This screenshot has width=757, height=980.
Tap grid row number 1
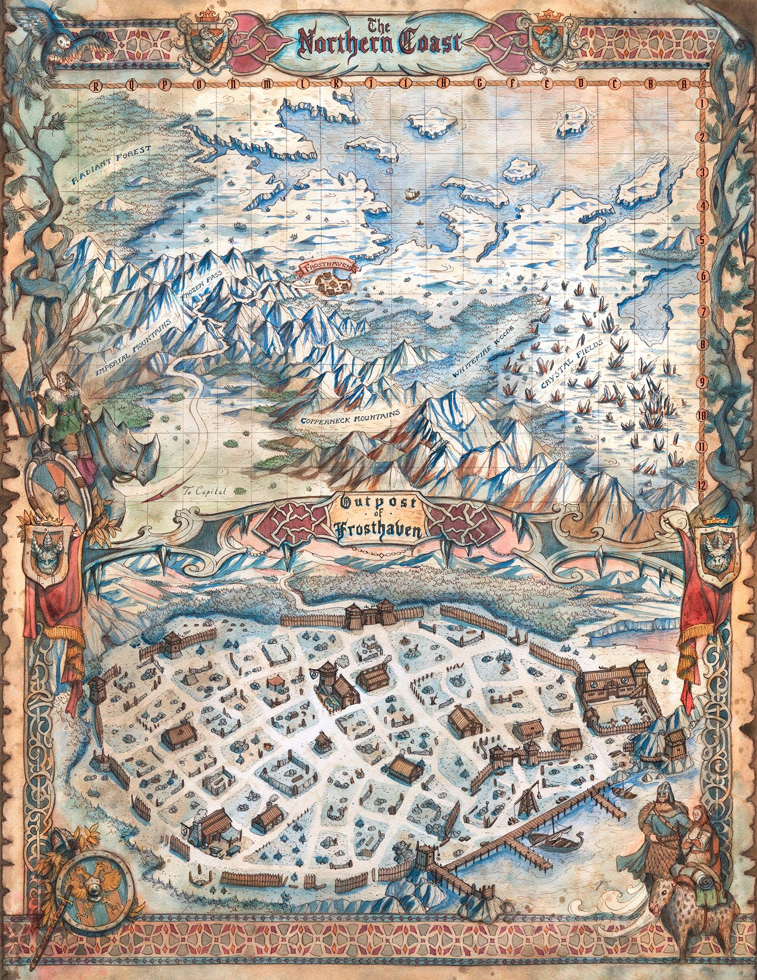(x=703, y=103)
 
